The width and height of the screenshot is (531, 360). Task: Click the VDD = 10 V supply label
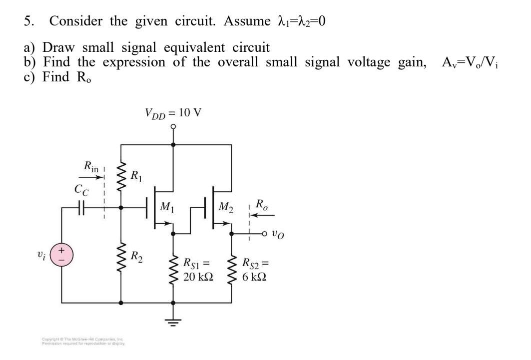173,113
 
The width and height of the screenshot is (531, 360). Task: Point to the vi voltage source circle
62,256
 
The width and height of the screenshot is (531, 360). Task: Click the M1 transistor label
167,206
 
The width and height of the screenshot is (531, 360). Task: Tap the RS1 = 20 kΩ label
198,269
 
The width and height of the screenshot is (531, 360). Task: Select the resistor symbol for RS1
173,269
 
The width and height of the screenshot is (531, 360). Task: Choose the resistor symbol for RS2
232,269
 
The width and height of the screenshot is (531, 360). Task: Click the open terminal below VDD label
173,127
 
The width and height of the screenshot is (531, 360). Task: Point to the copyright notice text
83,342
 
